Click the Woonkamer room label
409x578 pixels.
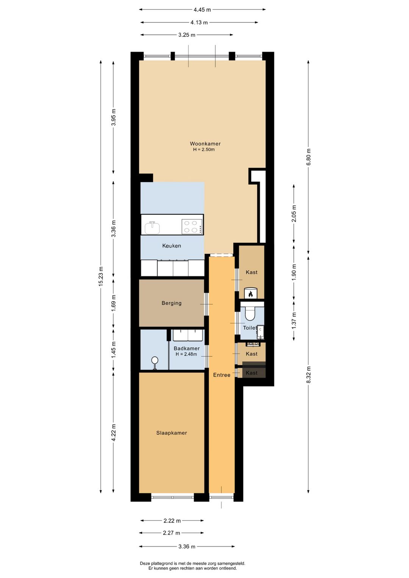point(205,144)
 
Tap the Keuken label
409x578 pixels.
point(172,246)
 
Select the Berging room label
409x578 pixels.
point(172,303)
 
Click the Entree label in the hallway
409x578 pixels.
point(222,375)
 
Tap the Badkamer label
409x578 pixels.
point(187,348)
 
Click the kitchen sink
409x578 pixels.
point(152,227)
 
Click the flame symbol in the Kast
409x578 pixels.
point(250,294)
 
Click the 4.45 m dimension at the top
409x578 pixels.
point(202,10)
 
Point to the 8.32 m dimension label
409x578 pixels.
point(309,375)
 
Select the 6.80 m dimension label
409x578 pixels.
point(309,157)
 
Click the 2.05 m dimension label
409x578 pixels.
point(294,213)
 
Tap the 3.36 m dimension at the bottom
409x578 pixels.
point(187,546)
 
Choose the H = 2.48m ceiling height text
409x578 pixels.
point(186,354)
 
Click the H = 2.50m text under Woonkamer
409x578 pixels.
point(204,150)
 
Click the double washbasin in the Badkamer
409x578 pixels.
point(188,335)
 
